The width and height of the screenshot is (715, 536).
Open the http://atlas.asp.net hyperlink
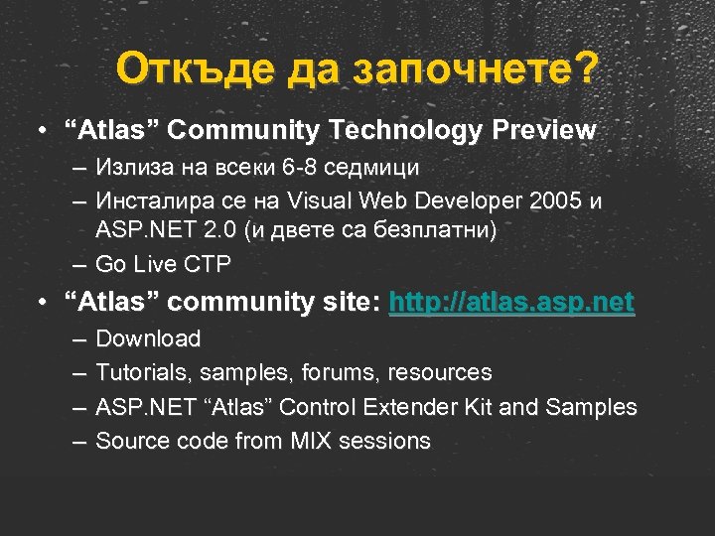pos(511,302)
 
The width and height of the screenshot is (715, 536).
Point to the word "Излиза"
pos(131,168)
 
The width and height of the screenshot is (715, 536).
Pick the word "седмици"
pos(374,168)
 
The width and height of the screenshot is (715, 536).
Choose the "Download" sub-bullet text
pos(148,339)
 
